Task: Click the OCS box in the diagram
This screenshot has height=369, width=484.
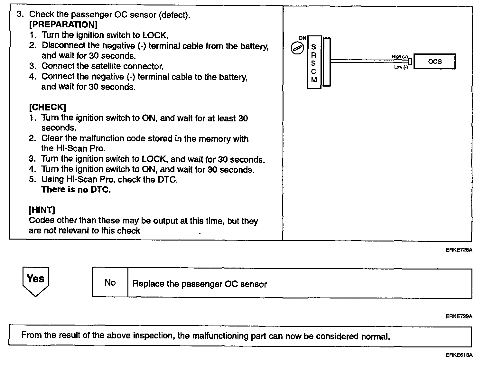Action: pyautogui.click(x=434, y=61)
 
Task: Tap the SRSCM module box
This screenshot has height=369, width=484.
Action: pyautogui.click(x=314, y=62)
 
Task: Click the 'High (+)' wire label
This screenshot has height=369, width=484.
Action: pyautogui.click(x=400, y=56)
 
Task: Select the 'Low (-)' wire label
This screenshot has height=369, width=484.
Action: pyautogui.click(x=401, y=67)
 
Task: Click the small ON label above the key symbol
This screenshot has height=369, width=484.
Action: pyautogui.click(x=302, y=38)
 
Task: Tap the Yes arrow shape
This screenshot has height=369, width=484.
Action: pyautogui.click(x=35, y=280)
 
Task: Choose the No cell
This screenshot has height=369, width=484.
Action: pyautogui.click(x=110, y=282)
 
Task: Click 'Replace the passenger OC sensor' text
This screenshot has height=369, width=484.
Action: pyautogui.click(x=200, y=284)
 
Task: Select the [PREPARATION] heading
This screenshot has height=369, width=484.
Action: pyautogui.click(x=63, y=24)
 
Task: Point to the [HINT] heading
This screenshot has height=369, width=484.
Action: pyautogui.click(x=42, y=210)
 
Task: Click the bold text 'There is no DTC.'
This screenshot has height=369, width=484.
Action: pyautogui.click(x=76, y=189)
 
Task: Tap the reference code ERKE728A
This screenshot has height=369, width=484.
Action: pyautogui.click(x=459, y=250)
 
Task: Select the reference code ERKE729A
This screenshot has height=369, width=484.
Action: pyautogui.click(x=459, y=316)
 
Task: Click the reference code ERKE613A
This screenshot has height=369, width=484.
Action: pyautogui.click(x=459, y=355)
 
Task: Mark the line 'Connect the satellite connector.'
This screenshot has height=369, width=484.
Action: pyautogui.click(x=102, y=66)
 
